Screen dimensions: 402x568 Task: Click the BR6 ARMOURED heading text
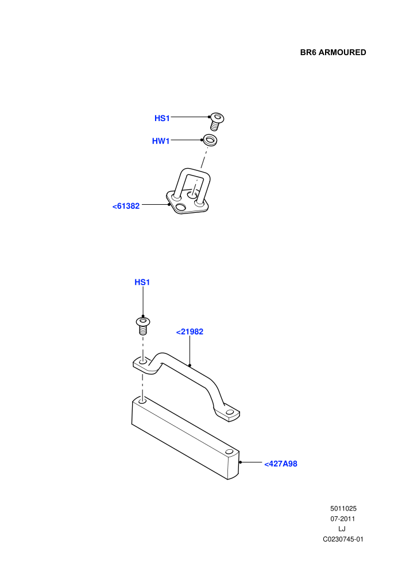pyautogui.click(x=333, y=53)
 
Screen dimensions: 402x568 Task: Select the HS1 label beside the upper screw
pyautogui.click(x=162, y=118)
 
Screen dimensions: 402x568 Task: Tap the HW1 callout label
pyautogui.click(x=161, y=141)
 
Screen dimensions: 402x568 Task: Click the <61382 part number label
pyautogui.click(x=126, y=206)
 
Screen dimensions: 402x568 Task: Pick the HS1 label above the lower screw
pyautogui.click(x=142, y=282)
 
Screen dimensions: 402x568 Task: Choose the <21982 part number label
pyautogui.click(x=190, y=332)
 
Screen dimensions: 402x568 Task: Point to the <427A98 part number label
pyautogui.click(x=281, y=464)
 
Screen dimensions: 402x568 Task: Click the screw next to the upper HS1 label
pyautogui.click(x=217, y=122)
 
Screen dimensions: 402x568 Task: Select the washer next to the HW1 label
pyautogui.click(x=210, y=140)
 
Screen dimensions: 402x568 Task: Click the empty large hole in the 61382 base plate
pyautogui.click(x=180, y=207)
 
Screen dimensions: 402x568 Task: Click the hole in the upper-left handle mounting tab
pyautogui.click(x=143, y=362)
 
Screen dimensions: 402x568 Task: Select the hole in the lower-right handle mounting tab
pyautogui.click(x=229, y=413)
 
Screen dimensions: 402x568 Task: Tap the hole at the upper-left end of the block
pyautogui.click(x=142, y=401)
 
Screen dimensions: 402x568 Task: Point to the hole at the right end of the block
pyautogui.click(x=229, y=452)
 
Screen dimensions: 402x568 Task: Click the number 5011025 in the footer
pyautogui.click(x=343, y=508)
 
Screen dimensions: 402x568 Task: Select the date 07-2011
pyautogui.click(x=342, y=519)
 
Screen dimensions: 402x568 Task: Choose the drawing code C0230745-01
pyautogui.click(x=343, y=539)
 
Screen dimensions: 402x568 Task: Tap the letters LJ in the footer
pyautogui.click(x=342, y=529)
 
